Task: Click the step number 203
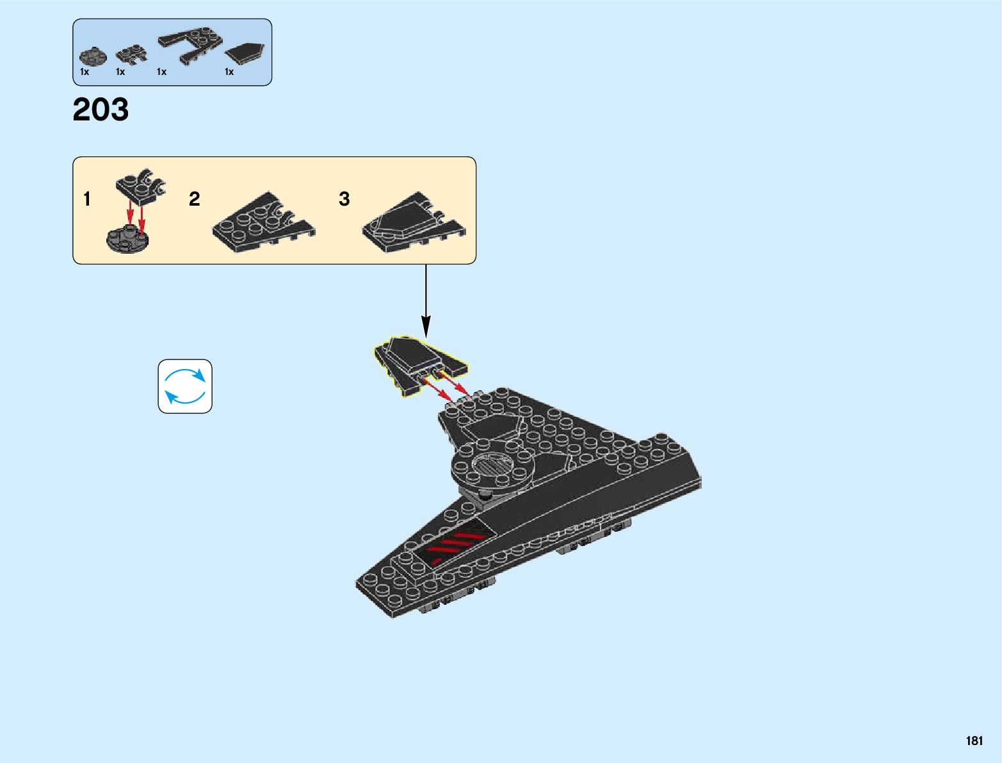pos(101,110)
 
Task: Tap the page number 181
pos(974,741)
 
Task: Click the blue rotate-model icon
pos(185,386)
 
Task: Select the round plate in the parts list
pos(90,56)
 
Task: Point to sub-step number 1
pos(87,199)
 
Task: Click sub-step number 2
pos(195,199)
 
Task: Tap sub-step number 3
pos(344,199)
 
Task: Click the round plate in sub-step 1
pos(127,240)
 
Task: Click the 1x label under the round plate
pos(85,72)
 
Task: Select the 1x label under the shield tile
pos(229,72)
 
